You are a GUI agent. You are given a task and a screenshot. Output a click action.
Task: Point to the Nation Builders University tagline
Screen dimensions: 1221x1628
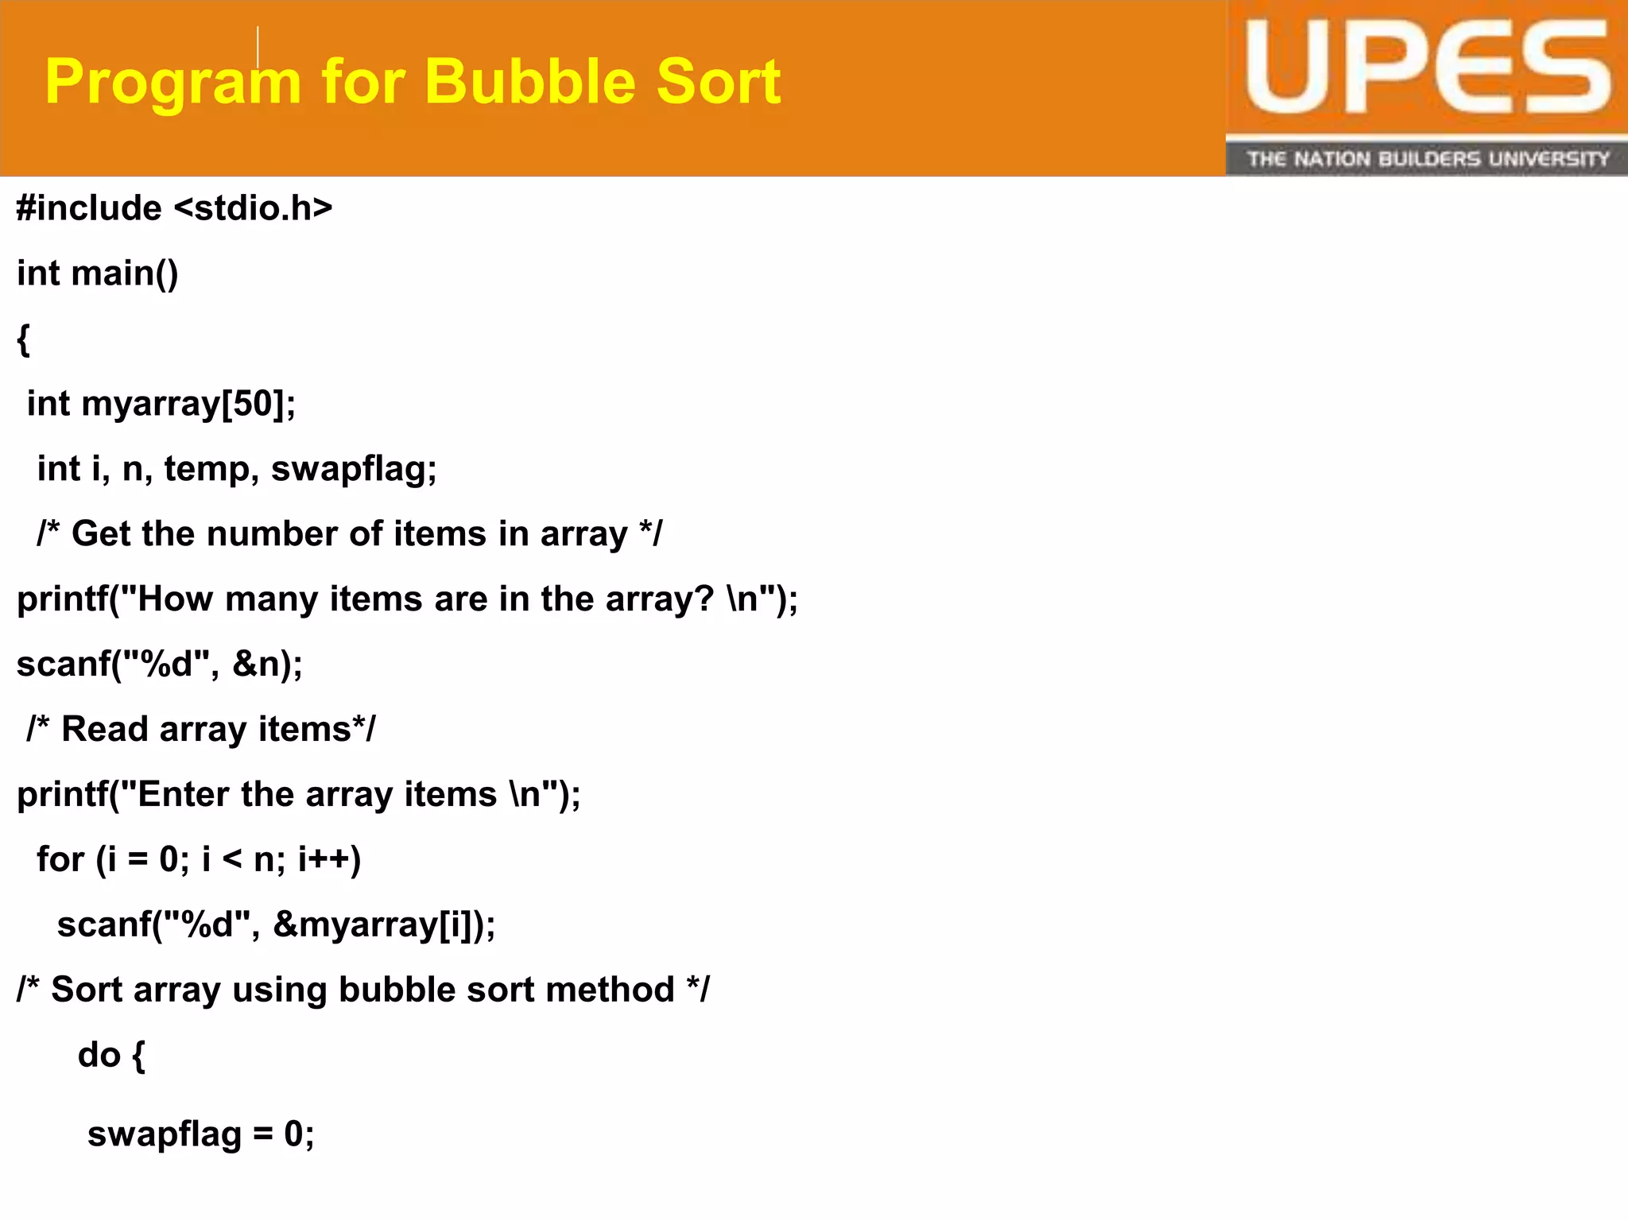click(x=1427, y=159)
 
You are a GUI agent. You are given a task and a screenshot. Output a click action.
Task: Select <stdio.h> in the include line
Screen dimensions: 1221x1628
click(x=253, y=208)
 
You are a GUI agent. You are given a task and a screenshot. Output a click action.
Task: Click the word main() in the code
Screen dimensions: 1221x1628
click(x=125, y=273)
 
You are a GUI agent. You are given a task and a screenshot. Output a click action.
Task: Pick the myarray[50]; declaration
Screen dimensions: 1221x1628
click(x=188, y=404)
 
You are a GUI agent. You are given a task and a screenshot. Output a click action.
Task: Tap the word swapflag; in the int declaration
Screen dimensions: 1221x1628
click(x=354, y=469)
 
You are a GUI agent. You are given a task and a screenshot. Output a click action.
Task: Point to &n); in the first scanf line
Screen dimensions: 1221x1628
click(x=267, y=664)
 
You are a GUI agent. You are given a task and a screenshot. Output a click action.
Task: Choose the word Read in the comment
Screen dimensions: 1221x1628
click(x=105, y=729)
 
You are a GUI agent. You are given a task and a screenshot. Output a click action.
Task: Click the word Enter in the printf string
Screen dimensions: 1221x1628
click(x=184, y=794)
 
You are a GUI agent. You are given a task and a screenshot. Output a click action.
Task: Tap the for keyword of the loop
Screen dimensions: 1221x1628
click(x=60, y=859)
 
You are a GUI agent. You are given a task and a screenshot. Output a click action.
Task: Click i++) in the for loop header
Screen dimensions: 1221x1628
click(x=329, y=859)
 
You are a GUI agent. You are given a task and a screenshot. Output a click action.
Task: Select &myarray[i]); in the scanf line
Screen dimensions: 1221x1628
click(x=384, y=924)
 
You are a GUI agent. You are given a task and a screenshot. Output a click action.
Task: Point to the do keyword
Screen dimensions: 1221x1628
click(x=99, y=1055)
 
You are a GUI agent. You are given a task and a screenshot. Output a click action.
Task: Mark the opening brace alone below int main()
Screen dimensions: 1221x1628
click(x=24, y=339)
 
